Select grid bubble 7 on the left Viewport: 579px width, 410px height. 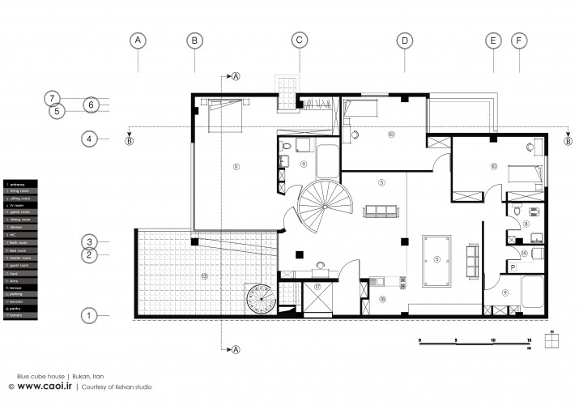tap(53, 98)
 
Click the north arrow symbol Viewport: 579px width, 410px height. tap(551, 342)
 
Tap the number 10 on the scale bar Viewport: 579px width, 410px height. tap(493, 340)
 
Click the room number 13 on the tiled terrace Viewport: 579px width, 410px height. tap(205, 276)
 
